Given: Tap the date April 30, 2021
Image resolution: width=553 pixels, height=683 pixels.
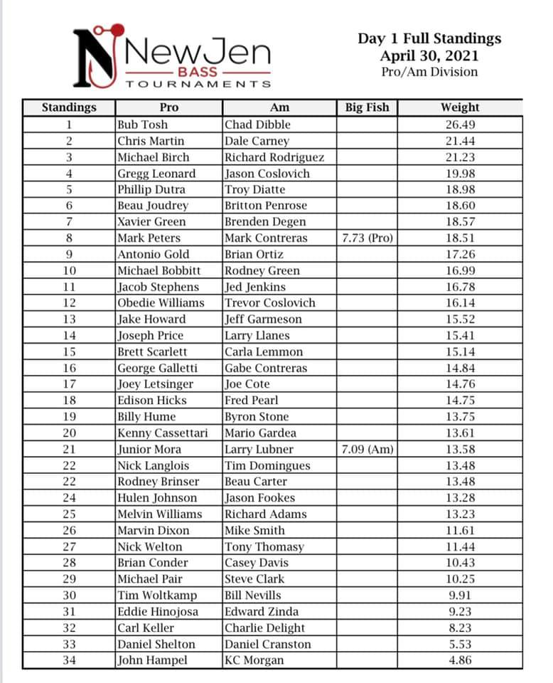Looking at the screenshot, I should pos(429,55).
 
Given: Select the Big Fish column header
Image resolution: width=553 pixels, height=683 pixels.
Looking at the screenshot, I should pos(367,107).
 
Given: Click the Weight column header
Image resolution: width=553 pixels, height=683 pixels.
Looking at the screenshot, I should pos(460,107).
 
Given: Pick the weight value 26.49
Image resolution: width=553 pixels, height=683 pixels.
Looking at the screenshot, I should pos(460,125).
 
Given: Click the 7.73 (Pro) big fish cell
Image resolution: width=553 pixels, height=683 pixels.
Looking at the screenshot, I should pos(367,238).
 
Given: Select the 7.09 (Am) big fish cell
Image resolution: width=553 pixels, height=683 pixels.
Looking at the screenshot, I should pos(367,449).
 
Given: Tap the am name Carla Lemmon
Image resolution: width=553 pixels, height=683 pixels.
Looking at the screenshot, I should pos(264,351).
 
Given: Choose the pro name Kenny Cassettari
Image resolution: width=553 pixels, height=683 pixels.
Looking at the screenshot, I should pos(163,433).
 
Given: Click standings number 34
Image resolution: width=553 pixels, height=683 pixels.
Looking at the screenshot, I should pos(69,660).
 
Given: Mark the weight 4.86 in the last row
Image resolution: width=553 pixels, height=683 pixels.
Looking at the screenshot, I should pos(460,660).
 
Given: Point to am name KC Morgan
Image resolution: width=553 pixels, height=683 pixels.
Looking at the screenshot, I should pos(254,660).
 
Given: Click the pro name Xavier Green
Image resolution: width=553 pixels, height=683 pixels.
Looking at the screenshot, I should pos(151,222).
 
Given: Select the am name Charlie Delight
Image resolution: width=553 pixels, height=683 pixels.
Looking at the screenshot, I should pos(265,628).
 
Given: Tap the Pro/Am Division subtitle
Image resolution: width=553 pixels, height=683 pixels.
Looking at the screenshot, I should pos(429,72).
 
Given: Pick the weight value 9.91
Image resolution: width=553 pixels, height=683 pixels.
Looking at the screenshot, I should pos(460,595).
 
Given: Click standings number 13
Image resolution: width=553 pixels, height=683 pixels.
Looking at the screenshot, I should pos(69,319).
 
